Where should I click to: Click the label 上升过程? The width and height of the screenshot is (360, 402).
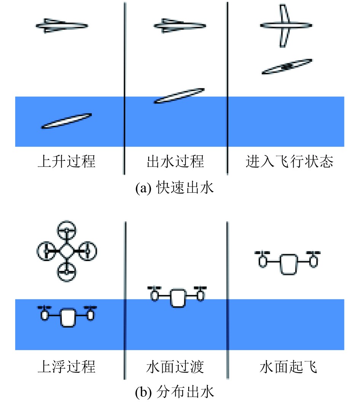[x=66, y=162]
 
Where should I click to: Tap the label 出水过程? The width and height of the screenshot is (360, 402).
[x=176, y=162]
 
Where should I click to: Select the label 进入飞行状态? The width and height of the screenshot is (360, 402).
[x=290, y=162]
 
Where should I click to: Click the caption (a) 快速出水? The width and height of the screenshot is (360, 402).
[x=175, y=189]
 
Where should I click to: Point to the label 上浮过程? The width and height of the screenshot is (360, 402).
[x=66, y=367]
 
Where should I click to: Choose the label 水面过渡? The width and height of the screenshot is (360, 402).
[x=176, y=367]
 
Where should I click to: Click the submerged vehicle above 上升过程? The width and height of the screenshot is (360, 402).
[x=66, y=121]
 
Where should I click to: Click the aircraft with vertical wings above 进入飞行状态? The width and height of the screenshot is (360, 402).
[x=286, y=26]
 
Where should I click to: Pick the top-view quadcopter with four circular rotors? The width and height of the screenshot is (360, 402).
[x=67, y=251]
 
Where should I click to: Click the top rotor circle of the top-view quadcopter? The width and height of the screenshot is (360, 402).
[x=67, y=231]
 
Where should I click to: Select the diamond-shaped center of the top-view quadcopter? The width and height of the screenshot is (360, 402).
[x=67, y=251]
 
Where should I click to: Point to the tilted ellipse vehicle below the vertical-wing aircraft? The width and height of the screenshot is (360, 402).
[x=288, y=66]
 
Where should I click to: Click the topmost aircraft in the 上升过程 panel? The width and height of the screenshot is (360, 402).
[x=62, y=26]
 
